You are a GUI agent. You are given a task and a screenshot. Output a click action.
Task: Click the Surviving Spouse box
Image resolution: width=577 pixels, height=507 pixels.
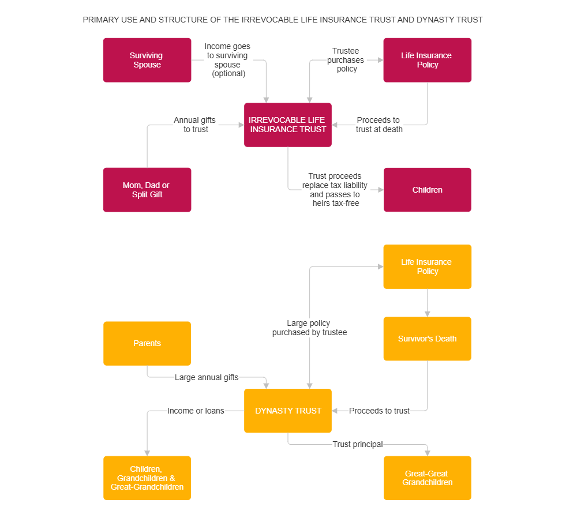click(147, 60)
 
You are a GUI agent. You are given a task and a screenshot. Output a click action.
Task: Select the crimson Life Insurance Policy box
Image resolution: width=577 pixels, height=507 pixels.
click(427, 60)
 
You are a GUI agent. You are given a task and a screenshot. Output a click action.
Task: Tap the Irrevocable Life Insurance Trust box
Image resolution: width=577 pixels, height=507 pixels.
click(287, 125)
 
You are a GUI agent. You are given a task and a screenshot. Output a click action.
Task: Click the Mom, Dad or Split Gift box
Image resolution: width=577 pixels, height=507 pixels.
click(147, 190)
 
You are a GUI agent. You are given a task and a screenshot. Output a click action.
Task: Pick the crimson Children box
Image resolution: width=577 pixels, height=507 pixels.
click(427, 190)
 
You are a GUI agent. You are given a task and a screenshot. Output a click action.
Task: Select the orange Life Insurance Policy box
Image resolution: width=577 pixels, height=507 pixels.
click(427, 266)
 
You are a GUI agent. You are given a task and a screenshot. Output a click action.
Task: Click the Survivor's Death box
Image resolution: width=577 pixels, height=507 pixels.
click(427, 339)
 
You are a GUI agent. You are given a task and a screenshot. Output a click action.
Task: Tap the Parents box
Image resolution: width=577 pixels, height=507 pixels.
click(147, 343)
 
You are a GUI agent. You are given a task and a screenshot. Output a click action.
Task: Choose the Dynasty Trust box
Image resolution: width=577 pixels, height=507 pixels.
click(287, 411)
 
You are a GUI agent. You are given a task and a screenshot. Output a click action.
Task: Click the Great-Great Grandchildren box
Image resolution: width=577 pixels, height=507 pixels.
click(427, 478)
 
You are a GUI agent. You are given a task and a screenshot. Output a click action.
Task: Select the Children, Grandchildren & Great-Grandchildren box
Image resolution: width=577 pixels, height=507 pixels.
click(147, 478)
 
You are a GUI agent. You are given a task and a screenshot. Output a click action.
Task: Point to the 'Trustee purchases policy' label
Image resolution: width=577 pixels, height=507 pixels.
click(346, 60)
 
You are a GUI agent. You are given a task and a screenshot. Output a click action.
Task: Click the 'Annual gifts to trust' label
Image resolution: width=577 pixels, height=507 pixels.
click(195, 125)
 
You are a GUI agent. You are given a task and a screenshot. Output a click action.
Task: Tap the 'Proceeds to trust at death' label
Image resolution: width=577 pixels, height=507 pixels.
click(379, 125)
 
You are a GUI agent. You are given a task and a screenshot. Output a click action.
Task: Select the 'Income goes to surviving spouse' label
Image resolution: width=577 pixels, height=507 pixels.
click(228, 60)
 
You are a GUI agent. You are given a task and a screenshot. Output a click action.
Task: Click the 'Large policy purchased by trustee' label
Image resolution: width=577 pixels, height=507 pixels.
click(309, 328)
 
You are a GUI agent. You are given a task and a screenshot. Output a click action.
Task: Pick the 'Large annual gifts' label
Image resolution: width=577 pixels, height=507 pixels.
click(207, 377)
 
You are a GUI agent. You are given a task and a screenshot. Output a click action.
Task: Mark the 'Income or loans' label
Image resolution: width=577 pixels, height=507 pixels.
click(196, 411)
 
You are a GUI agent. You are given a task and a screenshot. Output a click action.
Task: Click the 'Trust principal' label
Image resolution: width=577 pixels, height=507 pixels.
click(358, 444)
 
